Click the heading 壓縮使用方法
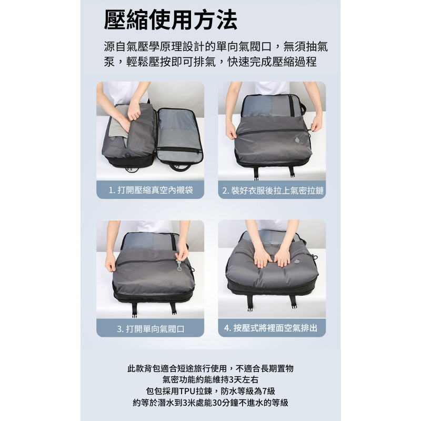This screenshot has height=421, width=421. [x=171, y=20]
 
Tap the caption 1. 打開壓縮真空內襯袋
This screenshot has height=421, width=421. [x=151, y=190]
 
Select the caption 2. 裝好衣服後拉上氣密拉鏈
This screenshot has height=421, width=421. [x=273, y=191]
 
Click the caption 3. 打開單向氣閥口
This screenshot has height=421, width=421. [x=151, y=328]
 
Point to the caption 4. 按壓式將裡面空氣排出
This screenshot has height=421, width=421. [x=270, y=328]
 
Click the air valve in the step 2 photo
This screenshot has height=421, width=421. [x=298, y=140]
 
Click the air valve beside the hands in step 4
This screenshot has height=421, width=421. [x=296, y=262]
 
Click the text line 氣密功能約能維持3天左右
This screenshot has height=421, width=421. [x=210, y=379]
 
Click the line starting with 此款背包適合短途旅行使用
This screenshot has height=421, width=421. [x=210, y=368]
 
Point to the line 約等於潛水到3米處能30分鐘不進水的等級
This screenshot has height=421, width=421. [x=210, y=403]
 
